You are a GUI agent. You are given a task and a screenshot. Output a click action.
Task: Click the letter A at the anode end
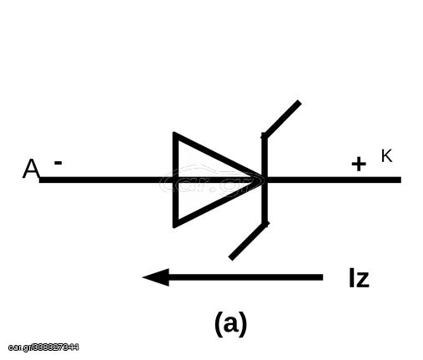tap(31, 169)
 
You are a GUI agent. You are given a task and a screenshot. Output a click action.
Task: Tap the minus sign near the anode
tap(58, 163)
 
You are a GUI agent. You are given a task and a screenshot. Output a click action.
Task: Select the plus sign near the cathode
tap(359, 164)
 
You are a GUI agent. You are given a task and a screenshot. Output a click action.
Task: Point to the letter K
tap(386, 155)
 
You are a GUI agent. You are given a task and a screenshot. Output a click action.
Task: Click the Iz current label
tap(359, 277)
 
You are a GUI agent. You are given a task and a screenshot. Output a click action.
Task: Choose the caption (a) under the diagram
tap(231, 324)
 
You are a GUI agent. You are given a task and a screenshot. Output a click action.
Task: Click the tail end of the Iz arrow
tap(323, 277)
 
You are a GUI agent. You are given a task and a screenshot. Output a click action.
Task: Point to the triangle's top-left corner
tap(174, 133)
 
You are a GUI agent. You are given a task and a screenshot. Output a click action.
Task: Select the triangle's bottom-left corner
tap(174, 226)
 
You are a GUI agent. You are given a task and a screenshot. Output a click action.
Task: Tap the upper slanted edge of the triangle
tap(219, 156)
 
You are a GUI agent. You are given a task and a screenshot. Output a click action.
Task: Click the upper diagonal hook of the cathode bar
tap(282, 119)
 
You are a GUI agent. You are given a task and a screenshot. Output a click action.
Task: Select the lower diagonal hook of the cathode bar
tap(249, 241)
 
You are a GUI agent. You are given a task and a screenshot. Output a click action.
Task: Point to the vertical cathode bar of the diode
tap(264, 180)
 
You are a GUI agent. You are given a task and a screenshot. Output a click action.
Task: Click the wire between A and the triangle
tap(106, 180)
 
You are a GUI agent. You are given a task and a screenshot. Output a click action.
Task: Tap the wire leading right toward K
tap(335, 180)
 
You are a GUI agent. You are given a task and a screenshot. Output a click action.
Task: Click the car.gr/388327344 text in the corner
tap(43, 347)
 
